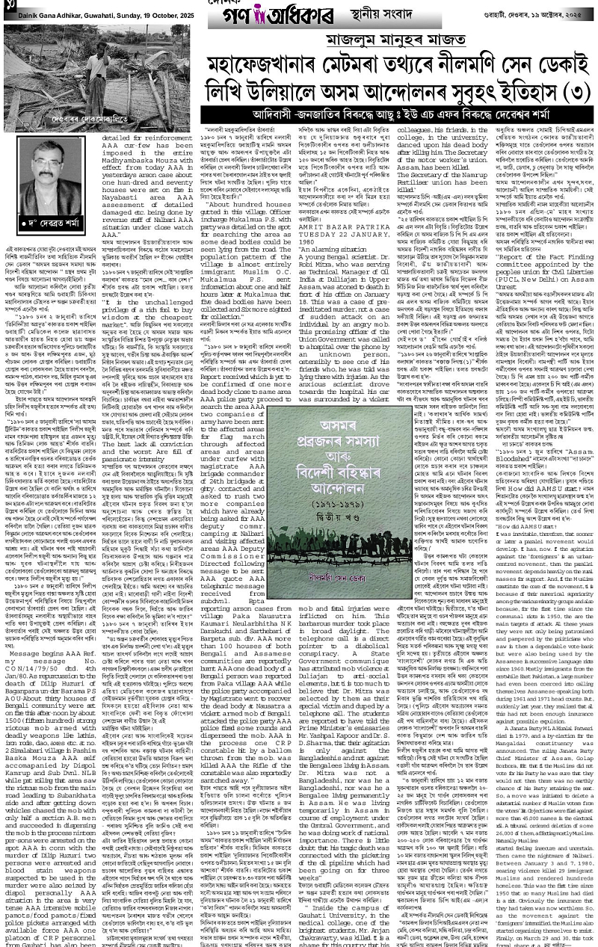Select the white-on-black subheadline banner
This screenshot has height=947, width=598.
[x=398, y=116]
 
